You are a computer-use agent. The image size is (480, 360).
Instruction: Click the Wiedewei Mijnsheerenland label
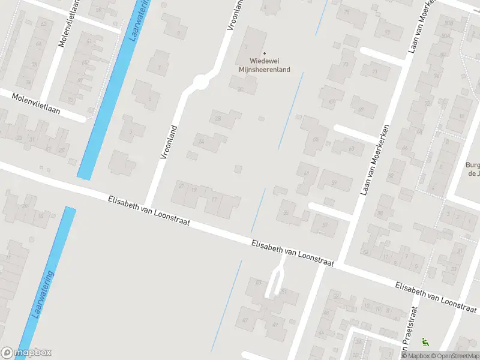pos(270,65)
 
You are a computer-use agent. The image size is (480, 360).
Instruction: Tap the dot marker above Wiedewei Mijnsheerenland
pos(265,53)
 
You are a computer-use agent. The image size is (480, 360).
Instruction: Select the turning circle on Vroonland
pos(200,82)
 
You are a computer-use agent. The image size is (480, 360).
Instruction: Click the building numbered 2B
pos(218,119)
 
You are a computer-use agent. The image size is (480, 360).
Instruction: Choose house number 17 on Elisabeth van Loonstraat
pos(214,199)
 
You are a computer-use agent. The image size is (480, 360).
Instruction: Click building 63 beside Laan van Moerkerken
pos(352,148)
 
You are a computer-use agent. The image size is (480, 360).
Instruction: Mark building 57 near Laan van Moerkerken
pos(325,226)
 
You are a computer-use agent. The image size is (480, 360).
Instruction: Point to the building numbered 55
pos(286,212)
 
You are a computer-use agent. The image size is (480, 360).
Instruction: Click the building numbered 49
pos(275,325)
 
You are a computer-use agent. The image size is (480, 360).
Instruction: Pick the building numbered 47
pos(245,320)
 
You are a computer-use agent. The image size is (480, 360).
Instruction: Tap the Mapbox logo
pos(26,353)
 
